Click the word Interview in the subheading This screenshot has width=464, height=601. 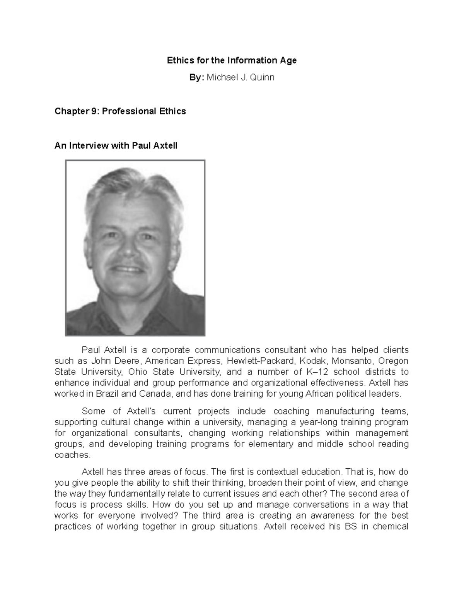(x=89, y=146)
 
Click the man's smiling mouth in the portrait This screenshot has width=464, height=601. (x=128, y=269)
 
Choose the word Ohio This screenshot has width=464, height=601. (x=140, y=372)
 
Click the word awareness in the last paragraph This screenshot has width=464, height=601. (x=333, y=516)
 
